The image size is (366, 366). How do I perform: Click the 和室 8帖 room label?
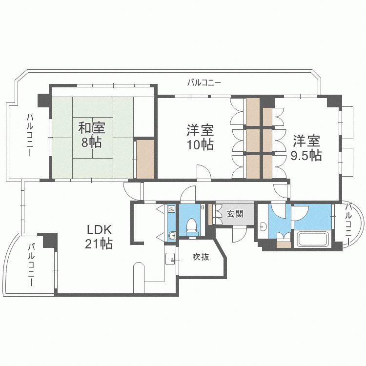91,136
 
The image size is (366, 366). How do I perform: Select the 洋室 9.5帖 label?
306,148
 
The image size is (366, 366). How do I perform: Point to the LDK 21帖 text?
100,236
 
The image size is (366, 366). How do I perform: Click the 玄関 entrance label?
235,214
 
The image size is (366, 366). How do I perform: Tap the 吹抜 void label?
200,257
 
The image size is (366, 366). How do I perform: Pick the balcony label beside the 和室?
30,135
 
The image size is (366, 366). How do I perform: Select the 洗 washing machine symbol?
171,209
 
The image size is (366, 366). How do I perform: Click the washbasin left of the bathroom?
264,226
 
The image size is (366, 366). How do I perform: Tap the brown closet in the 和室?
145,159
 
